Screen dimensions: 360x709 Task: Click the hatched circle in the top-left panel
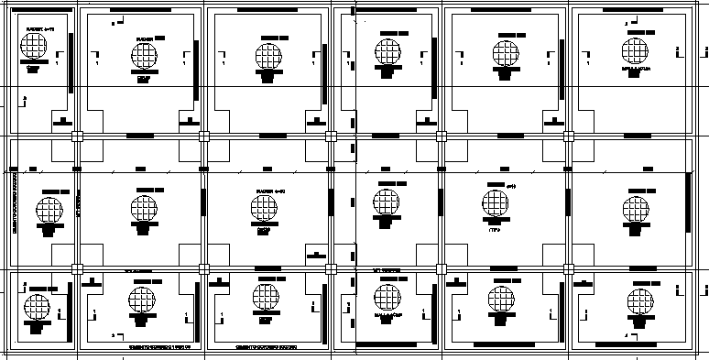pyautogui.click(x=36, y=49)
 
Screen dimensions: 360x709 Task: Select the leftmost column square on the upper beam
pyautogui.click(x=78, y=136)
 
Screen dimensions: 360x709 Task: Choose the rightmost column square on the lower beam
pyautogui.click(x=568, y=268)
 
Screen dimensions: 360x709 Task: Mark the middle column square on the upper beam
pyautogui.click(x=331, y=136)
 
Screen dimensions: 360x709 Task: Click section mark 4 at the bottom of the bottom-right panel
pyautogui.click(x=627, y=336)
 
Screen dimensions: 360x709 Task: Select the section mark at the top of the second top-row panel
pyautogui.click(x=114, y=20)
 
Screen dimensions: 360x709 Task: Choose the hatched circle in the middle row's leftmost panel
pyautogui.click(x=50, y=209)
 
